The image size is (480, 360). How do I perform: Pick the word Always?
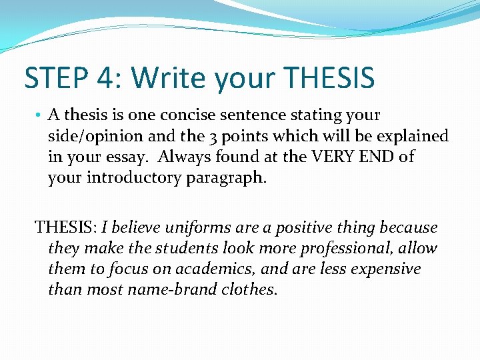(183, 157)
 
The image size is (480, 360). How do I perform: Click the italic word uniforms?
(191, 227)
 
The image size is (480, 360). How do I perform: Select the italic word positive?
(300, 227)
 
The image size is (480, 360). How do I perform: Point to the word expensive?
(387, 269)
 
